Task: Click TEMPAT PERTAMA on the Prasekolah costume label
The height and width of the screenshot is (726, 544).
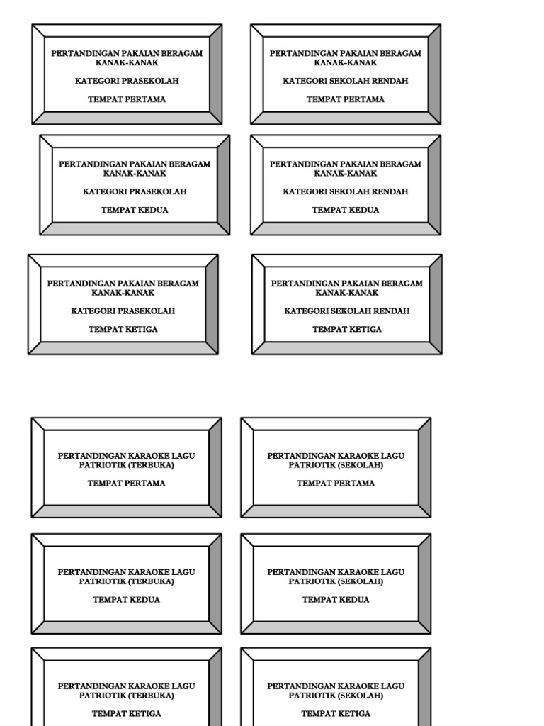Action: [x=127, y=99]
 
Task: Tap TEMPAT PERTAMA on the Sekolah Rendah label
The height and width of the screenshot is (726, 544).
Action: [x=346, y=99]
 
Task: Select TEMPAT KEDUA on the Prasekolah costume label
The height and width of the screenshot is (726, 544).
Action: [x=135, y=210]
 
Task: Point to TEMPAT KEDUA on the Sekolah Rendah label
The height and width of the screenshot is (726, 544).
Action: [x=346, y=210]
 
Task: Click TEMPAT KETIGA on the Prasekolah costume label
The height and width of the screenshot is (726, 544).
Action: [x=123, y=329]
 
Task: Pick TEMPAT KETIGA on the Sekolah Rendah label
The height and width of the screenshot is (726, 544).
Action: [x=347, y=329]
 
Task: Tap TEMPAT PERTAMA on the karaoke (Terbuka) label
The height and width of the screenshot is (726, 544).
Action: [x=127, y=484]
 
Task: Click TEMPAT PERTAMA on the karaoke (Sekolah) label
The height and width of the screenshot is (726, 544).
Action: [x=336, y=484]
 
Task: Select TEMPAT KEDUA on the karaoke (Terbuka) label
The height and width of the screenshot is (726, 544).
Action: [x=127, y=600]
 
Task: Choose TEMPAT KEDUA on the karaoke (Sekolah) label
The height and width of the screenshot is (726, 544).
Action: [x=336, y=600]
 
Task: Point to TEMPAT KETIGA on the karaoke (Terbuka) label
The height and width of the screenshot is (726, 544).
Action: [x=127, y=714]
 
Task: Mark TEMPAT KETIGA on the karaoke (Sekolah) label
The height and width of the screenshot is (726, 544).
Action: [x=336, y=714]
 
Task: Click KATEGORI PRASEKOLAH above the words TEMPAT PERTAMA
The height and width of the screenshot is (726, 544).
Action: [x=127, y=81]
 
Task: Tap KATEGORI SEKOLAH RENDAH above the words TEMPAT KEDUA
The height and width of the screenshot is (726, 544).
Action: [x=346, y=191]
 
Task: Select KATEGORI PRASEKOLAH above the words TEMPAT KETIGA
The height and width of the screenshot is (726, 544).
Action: [x=123, y=311]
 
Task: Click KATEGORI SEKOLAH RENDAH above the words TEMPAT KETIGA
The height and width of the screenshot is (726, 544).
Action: [x=347, y=311]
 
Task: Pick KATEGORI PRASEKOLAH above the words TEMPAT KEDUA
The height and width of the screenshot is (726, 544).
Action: [x=135, y=191]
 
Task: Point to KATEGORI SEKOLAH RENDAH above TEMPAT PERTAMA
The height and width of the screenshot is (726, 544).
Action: [x=346, y=81]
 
